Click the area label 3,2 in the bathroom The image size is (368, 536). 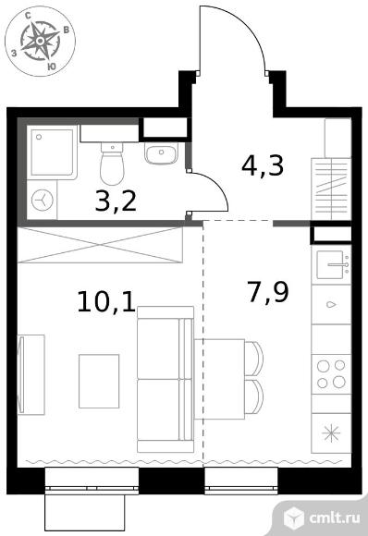[116, 201]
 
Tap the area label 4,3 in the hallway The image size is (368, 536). [263, 165]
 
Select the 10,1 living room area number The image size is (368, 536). [106, 301]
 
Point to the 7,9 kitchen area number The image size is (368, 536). [268, 293]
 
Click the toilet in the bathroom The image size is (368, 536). [112, 164]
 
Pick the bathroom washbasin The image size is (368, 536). [161, 153]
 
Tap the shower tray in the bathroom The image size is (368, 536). [51, 152]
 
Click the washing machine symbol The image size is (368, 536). [43, 200]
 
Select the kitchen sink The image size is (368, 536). [334, 264]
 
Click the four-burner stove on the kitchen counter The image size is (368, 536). [331, 374]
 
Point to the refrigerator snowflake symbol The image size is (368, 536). [331, 433]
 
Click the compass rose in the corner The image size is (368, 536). [41, 41]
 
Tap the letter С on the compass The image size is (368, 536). [29, 15]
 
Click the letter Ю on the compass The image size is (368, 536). [51, 67]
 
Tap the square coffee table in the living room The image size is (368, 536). [99, 381]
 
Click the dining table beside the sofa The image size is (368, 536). [219, 379]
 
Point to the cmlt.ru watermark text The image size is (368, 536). [335, 518]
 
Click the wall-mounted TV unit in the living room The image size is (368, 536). [31, 374]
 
